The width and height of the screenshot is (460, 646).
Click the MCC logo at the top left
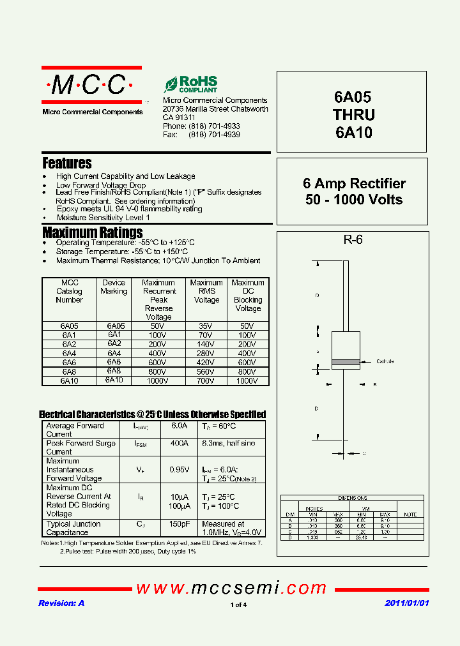[92, 85]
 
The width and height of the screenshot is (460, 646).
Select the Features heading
[67, 163]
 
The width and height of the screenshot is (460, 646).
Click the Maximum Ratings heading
[93, 232]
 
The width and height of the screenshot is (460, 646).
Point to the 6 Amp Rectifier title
[354, 184]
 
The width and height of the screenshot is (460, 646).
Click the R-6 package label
[353, 240]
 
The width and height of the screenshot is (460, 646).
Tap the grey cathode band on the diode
[345, 363]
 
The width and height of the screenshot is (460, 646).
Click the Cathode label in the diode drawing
[385, 361]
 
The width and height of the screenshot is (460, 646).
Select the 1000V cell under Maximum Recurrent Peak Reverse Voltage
[158, 380]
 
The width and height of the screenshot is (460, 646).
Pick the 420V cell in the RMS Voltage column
[206, 363]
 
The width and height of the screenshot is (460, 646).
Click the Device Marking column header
[114, 287]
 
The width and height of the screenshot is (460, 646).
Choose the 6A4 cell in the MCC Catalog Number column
[69, 353]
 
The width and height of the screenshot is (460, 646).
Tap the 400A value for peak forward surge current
[179, 443]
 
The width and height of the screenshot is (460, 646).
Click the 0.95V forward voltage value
[179, 470]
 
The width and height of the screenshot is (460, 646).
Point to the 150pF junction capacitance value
[179, 524]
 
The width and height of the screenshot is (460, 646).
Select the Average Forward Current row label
[75, 430]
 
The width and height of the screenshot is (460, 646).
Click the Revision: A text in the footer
[61, 603]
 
